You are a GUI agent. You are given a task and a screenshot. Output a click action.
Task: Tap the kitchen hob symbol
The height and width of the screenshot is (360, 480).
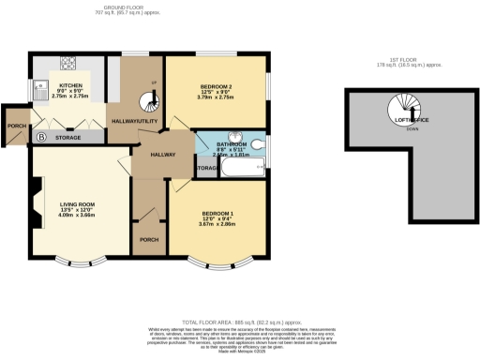coord(69,63)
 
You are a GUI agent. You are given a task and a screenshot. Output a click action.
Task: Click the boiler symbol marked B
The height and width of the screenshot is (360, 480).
coord(39,138)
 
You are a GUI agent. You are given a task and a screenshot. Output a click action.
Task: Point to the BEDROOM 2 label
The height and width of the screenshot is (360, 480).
coord(215,87)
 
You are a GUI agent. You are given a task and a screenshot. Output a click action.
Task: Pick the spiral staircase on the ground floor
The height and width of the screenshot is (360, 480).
coord(150,101)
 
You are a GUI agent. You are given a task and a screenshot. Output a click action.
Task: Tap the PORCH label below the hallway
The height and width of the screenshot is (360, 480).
coord(148,239)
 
